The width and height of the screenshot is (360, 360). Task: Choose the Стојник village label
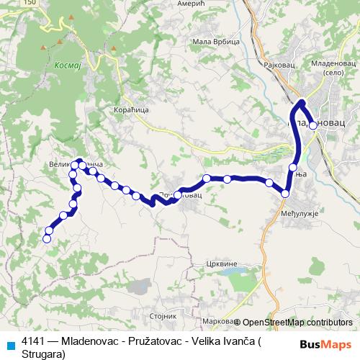(163, 315)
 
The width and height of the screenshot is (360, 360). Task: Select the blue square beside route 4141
(8, 344)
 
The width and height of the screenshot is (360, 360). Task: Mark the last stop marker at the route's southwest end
(48, 239)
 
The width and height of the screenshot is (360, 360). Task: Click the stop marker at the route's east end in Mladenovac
(312, 125)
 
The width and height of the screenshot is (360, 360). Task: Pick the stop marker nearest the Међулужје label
(286, 193)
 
